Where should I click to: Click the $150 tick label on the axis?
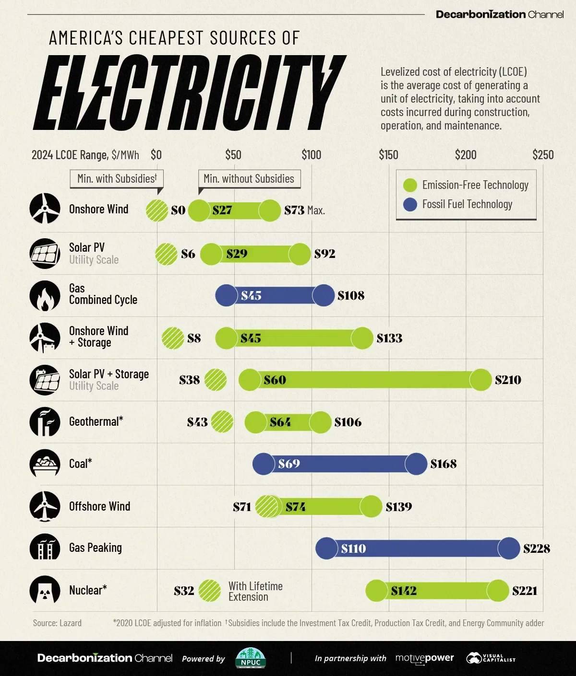[388, 155]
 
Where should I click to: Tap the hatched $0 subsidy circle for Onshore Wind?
[157, 210]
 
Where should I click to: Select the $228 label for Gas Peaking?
[537, 548]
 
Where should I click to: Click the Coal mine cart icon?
[45, 464]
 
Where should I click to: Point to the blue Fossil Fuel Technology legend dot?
[410, 205]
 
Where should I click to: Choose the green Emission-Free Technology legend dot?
[410, 185]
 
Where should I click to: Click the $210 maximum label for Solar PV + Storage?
[508, 380]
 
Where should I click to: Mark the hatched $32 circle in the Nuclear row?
[210, 591]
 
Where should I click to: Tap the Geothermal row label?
[96, 422]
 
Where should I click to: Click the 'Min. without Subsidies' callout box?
[249, 179]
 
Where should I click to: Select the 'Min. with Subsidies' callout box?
[117, 179]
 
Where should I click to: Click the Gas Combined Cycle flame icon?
[45, 296]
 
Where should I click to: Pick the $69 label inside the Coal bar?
[289, 464]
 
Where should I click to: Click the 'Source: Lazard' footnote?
[57, 623]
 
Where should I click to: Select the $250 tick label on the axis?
[543, 155]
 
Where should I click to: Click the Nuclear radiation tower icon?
[45, 590]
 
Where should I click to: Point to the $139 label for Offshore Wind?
[399, 507]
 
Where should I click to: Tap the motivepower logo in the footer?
[424, 658]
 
